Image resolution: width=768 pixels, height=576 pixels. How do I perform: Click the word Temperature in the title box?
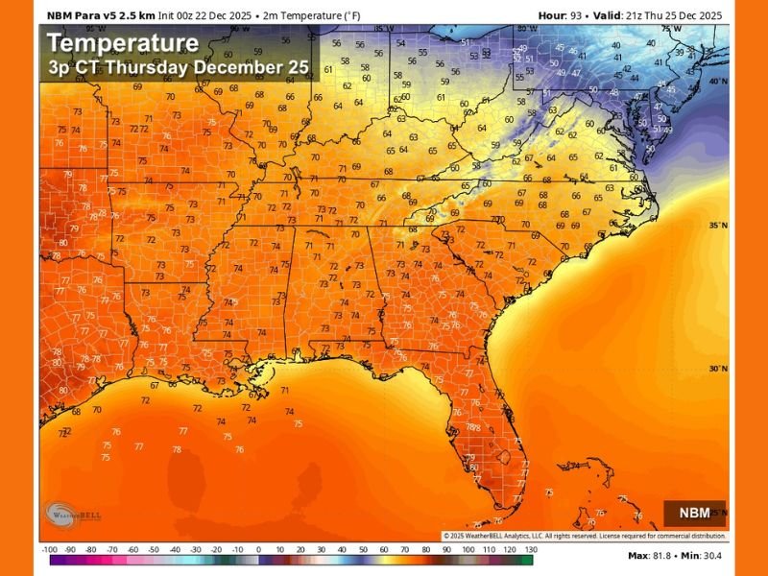coord(123,43)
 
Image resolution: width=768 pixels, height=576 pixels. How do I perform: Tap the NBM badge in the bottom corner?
coord(694,513)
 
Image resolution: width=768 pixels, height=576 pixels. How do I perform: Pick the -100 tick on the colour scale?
coord(49,549)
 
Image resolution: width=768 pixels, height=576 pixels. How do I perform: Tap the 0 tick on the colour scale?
coord(257,549)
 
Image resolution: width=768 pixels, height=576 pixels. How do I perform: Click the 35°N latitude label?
coord(717,225)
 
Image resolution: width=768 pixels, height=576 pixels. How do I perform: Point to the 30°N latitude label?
coord(717,368)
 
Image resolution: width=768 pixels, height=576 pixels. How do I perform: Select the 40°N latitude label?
coord(717,82)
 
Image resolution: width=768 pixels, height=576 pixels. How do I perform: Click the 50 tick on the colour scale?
coord(361,549)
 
